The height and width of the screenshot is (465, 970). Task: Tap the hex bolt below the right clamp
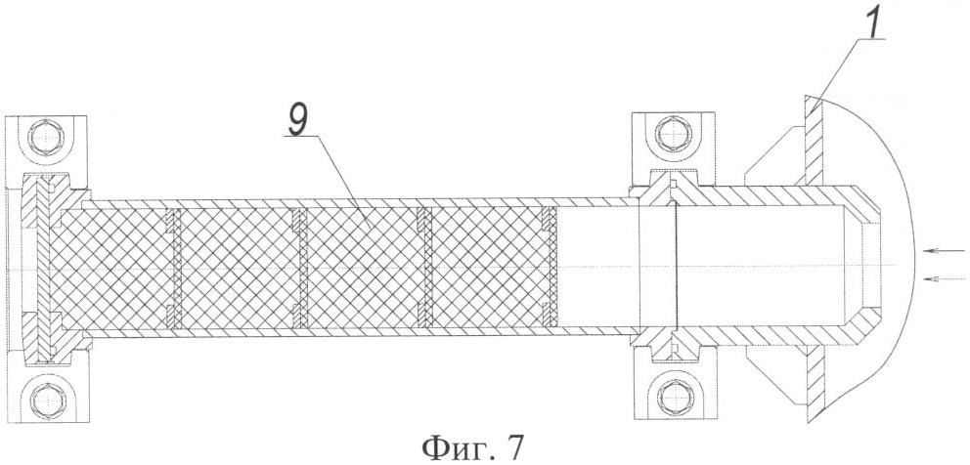(x=673, y=394)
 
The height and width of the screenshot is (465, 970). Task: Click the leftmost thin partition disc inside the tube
(x=174, y=268)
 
